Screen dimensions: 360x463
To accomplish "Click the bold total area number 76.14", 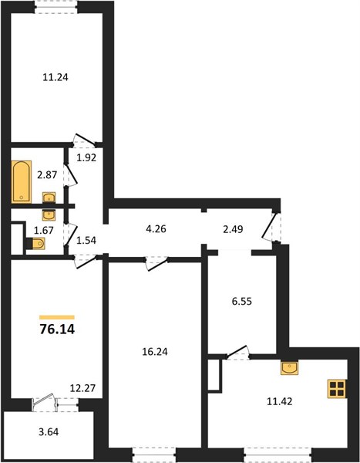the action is click(57, 330).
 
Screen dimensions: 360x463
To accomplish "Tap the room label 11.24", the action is click(56, 77).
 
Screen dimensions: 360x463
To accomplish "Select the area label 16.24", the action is click(155, 352).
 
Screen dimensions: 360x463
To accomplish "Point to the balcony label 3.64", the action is click(49, 432).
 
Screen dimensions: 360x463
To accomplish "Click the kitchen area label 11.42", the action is click(279, 401).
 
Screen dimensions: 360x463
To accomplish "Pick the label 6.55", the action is click(242, 302).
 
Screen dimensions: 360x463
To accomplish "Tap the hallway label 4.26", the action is click(156, 229).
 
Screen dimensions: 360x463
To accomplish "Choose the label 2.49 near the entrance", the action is click(233, 229).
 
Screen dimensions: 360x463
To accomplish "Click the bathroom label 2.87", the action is click(47, 175).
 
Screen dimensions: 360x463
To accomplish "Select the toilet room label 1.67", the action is click(44, 230).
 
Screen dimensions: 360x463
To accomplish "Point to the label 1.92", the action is click(86, 157).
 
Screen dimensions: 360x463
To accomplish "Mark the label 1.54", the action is click(86, 240).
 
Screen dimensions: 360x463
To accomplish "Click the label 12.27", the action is click(82, 388).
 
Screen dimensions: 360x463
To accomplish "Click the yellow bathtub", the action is click(22, 182).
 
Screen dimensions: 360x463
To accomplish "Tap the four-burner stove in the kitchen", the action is click(337, 389).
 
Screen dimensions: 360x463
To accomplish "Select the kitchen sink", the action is click(290, 367).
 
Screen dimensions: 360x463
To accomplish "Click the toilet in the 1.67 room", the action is click(35, 244).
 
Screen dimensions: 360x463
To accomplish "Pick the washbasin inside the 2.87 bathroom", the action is click(49, 198).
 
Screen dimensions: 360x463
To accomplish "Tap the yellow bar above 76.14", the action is click(57, 317).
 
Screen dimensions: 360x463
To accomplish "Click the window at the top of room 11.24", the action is click(56, 7).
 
